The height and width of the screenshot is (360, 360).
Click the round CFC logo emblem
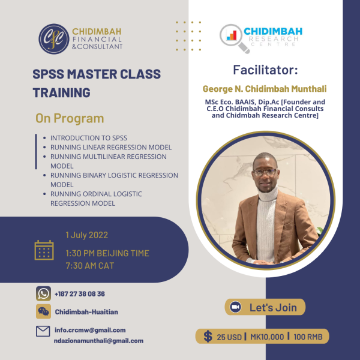[54, 39]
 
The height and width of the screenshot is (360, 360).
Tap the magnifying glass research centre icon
[235, 38]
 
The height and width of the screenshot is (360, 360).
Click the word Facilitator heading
[265, 70]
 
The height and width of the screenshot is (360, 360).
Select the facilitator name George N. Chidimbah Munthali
[265, 89]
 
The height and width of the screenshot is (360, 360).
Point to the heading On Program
[70, 118]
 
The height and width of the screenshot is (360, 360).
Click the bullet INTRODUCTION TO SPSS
[89, 138]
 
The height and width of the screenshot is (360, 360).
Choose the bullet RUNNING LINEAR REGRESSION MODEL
[111, 147]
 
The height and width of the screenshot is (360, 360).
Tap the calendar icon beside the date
[44, 250]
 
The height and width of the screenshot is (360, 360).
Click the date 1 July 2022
[87, 235]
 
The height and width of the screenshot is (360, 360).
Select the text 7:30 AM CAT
[90, 266]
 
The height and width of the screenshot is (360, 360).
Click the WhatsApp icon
[43, 293]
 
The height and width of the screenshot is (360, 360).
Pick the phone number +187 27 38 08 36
[80, 294]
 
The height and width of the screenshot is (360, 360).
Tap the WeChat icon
[43, 311]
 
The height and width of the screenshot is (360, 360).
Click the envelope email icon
[43, 331]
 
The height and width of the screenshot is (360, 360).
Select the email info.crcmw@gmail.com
[90, 330]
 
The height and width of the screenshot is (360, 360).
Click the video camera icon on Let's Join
[236, 307]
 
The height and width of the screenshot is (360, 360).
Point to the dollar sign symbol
[208, 337]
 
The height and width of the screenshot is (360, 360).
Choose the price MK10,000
[267, 337]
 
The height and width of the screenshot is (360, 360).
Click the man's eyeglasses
[265, 172]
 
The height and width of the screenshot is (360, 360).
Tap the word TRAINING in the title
[62, 92]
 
